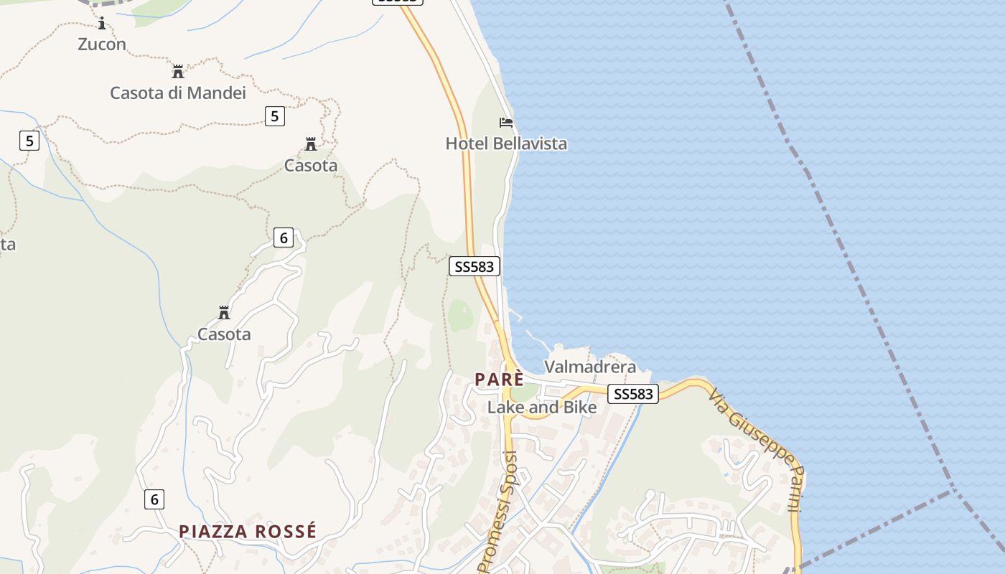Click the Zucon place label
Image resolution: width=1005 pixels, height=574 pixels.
pos(102,44)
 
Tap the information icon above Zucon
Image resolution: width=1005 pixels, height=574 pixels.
pos(102,24)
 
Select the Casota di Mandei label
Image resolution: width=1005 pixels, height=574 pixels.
pos(178,93)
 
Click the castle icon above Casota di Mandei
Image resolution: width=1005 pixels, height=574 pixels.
pos(178,72)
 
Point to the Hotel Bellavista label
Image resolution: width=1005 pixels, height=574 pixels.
pos(506,143)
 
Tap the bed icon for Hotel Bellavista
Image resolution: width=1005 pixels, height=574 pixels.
pos(506,123)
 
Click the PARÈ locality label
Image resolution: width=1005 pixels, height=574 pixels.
pos(498,380)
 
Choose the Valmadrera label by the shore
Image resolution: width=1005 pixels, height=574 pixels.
pos(590,367)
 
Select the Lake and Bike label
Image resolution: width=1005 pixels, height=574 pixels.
pos(542,408)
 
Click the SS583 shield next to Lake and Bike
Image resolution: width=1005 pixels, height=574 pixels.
pos(633,394)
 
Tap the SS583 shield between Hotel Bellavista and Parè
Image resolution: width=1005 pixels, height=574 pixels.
pos(475,266)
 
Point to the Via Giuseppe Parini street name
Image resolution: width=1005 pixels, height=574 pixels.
pos(755,450)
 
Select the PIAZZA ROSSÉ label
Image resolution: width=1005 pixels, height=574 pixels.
pos(248,532)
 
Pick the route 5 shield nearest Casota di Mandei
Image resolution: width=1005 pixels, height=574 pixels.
pos(274,116)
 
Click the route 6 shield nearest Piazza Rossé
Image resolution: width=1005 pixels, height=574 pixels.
pos(154,499)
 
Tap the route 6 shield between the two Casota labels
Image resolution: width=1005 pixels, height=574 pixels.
pos(284,237)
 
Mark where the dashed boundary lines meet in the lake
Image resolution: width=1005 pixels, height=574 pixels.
pos(953,489)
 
